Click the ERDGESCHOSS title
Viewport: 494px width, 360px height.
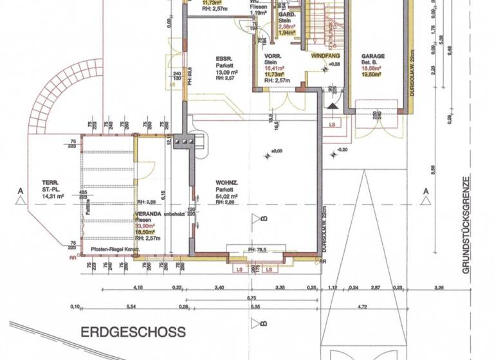(133, 332)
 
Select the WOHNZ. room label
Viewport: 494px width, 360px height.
(226, 183)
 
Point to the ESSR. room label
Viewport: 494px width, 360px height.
(223, 57)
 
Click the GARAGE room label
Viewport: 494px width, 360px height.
(372, 56)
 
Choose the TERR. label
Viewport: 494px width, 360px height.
(46, 181)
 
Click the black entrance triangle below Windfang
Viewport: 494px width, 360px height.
(333, 106)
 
